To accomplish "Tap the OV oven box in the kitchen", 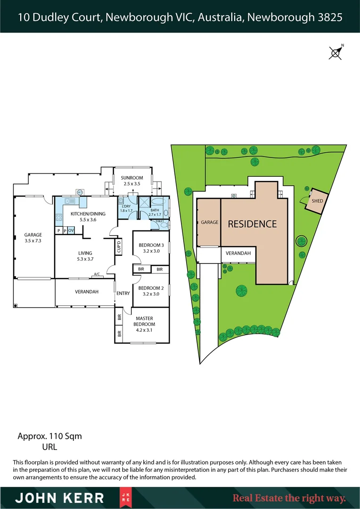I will point(71,230).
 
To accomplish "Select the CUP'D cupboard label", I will point(119,246).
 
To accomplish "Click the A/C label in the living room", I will point(97,274).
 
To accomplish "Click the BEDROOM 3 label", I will point(151,245).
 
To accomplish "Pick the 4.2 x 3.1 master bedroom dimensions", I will point(145,330).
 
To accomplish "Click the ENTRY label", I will point(123,294).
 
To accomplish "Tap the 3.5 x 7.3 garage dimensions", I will point(33,240).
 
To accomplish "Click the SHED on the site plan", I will point(317,201).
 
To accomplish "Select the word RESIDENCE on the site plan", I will point(252,224).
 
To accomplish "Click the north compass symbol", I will point(335,52).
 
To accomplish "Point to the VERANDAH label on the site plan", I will point(238,253).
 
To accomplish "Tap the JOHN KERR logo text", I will point(59,498).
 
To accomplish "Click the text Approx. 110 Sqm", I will point(49,436).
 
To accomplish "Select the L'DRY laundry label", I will point(126,206).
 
